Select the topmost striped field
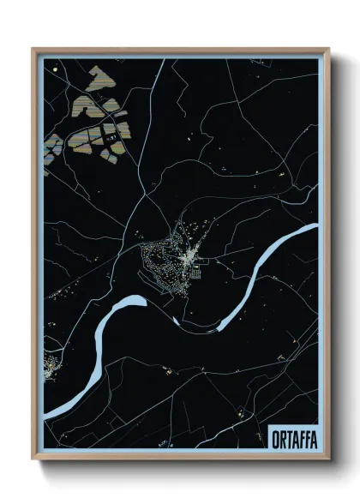coord(97,76)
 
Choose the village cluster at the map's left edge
coord(51,367)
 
